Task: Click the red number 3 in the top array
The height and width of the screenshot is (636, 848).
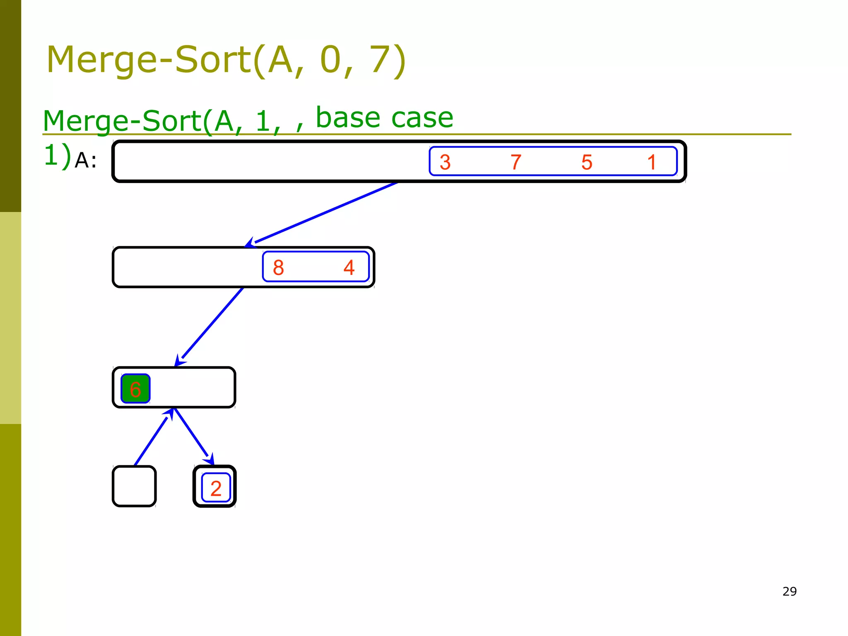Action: (x=445, y=162)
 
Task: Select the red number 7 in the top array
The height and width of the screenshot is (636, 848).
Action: (x=516, y=162)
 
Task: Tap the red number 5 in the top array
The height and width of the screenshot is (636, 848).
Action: (x=587, y=162)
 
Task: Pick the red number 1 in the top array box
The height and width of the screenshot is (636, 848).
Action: (x=652, y=162)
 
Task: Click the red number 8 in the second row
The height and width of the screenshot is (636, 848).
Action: (x=278, y=267)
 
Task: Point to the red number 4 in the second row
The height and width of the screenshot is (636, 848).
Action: (x=349, y=267)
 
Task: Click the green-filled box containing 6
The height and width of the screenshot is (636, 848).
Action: (x=135, y=389)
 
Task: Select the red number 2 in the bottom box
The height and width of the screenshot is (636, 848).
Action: (x=216, y=488)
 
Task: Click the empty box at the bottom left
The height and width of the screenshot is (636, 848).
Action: (x=134, y=486)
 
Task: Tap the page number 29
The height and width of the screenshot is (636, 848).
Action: (x=789, y=591)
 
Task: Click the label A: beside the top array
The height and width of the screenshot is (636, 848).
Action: (x=86, y=160)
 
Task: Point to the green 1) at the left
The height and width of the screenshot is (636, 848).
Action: (x=57, y=155)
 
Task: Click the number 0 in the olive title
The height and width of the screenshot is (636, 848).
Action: (x=330, y=60)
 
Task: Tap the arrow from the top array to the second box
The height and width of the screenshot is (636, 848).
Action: (x=323, y=213)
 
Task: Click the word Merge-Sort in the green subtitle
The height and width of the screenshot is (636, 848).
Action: (x=122, y=121)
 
